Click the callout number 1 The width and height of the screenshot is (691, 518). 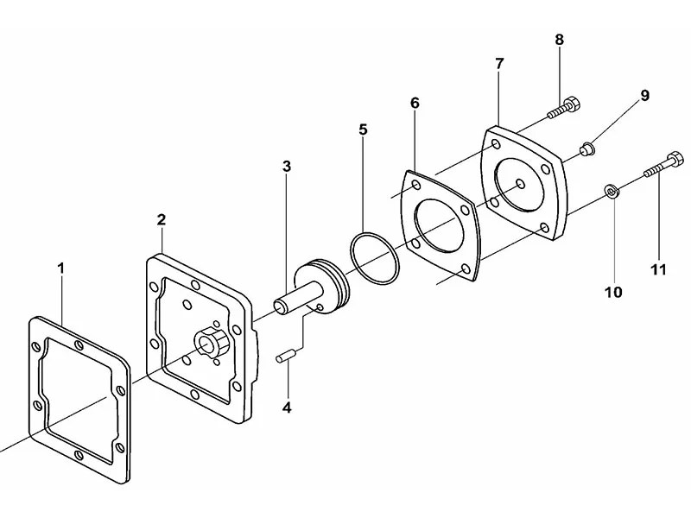[x=61, y=268]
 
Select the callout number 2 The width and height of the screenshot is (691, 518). [x=161, y=219]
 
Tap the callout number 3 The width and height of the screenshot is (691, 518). [x=286, y=165]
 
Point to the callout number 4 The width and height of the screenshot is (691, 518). [x=288, y=407]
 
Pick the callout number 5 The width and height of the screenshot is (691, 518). [x=363, y=130]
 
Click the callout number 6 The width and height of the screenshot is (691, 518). [x=415, y=103]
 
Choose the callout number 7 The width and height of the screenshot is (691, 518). [x=499, y=65]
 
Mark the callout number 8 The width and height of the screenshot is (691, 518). [x=559, y=39]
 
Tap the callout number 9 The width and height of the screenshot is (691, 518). [x=643, y=96]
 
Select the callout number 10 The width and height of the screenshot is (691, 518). [x=613, y=293]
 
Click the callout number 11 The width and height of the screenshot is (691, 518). [x=658, y=268]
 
